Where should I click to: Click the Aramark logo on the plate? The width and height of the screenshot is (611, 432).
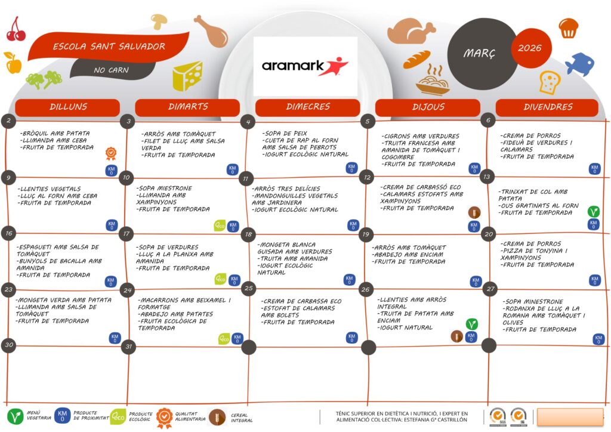point(305,66)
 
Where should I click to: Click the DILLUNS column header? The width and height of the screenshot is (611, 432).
point(67,107)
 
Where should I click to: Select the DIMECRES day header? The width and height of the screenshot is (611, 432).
point(307,107)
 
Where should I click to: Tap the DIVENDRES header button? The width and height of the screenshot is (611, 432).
point(547,107)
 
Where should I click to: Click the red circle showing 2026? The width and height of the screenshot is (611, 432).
point(531,48)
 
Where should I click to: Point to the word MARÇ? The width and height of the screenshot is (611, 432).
point(479,54)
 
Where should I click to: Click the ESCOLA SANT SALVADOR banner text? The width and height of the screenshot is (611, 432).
point(109,47)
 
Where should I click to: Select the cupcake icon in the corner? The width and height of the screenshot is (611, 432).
point(568,27)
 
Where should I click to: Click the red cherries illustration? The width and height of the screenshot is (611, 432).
point(16,30)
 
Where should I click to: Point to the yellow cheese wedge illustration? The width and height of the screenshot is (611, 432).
point(187,76)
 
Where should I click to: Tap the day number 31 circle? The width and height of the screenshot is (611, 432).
point(128,347)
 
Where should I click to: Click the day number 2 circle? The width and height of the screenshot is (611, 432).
point(8,121)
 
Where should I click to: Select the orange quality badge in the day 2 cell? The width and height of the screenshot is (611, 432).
point(111,154)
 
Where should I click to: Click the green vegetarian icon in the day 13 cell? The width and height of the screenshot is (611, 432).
point(593,211)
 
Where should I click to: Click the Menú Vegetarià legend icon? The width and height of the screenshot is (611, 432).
point(16,416)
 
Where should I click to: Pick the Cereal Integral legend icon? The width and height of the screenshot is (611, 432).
point(217,417)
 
